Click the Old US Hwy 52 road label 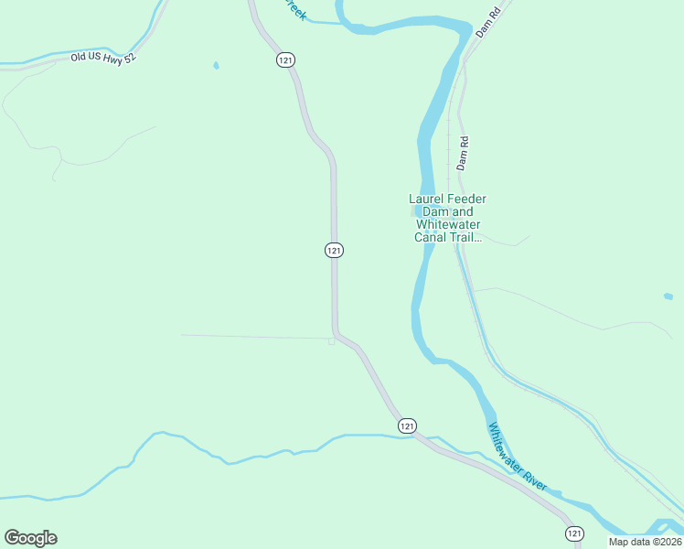(102, 57)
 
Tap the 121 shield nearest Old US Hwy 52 (285, 59)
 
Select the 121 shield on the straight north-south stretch (334, 251)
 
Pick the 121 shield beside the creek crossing (407, 425)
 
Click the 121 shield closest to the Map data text (573, 533)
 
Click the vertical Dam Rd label (463, 154)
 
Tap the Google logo (30, 538)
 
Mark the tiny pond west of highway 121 (216, 66)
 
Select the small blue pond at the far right (668, 296)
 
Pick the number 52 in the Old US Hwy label (129, 56)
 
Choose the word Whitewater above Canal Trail (448, 225)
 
